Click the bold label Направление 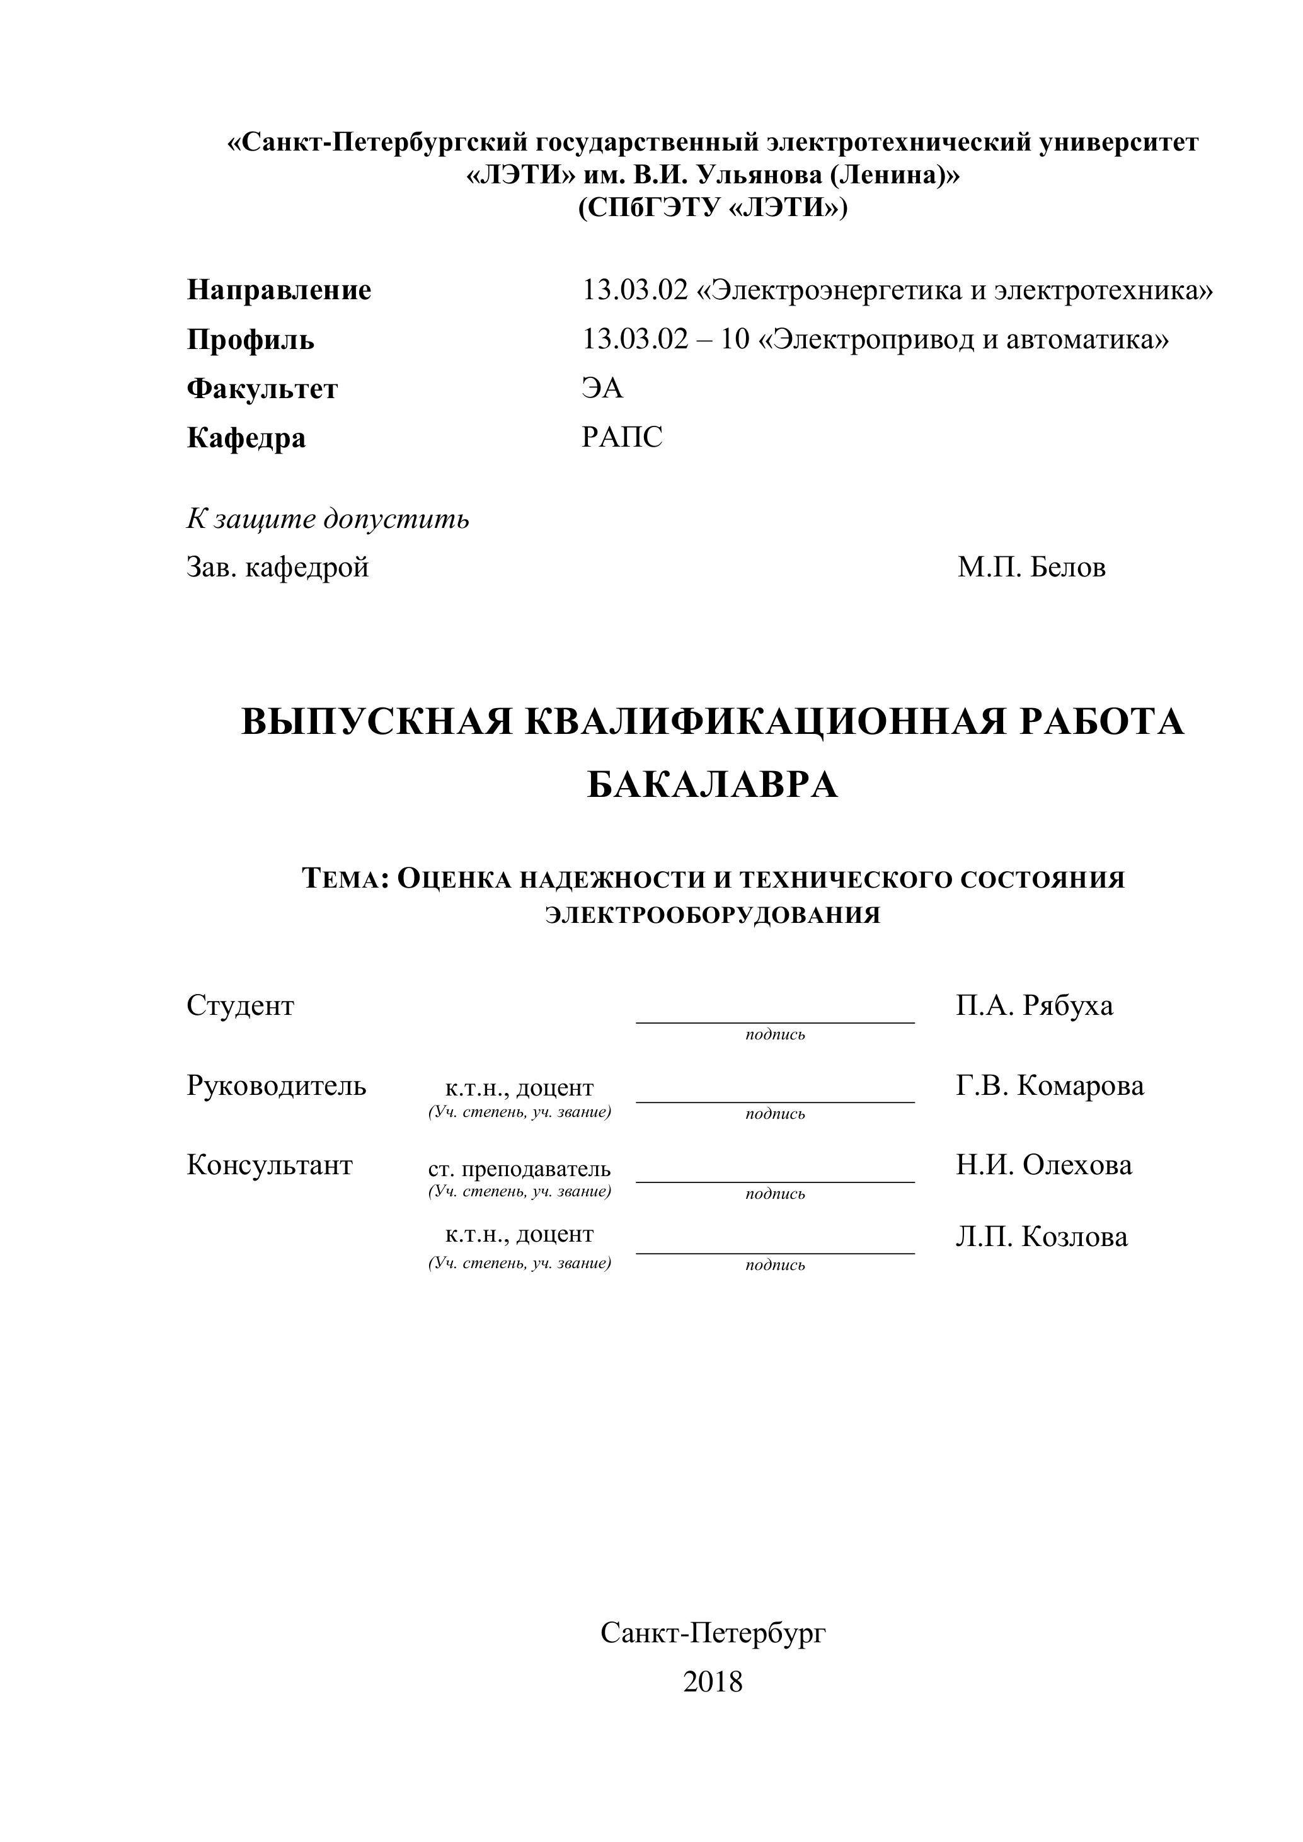278,290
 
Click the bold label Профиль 250,340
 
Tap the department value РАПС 622,437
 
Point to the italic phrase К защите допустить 328,519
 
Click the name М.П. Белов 1031,567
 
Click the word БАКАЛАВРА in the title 713,785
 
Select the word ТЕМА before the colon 343,879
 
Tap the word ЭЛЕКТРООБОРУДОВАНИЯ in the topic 713,915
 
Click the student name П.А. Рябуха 1034,1005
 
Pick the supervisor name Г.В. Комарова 1050,1085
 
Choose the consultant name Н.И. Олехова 1044,1165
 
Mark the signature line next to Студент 775,1021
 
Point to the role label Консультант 270,1165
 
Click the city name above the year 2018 713,1633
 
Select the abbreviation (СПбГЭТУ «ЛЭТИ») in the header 713,208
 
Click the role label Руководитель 276,1085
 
